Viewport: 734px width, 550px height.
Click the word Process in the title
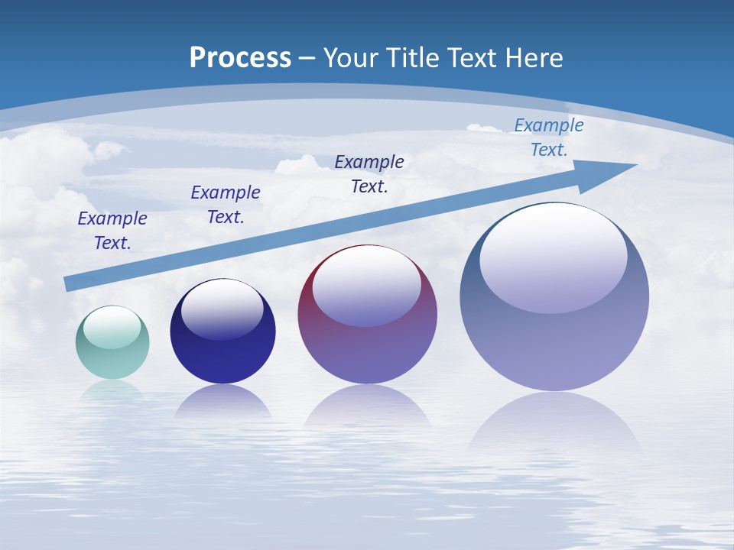pyautogui.click(x=240, y=58)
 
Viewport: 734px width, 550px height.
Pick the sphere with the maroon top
pyautogui.click(x=367, y=336)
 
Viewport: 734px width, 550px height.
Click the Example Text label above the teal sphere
pyautogui.click(x=112, y=230)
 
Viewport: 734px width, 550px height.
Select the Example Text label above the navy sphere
pyautogui.click(x=226, y=204)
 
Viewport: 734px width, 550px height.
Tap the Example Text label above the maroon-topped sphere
pyautogui.click(x=369, y=173)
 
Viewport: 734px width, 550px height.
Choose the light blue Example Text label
pyautogui.click(x=549, y=137)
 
